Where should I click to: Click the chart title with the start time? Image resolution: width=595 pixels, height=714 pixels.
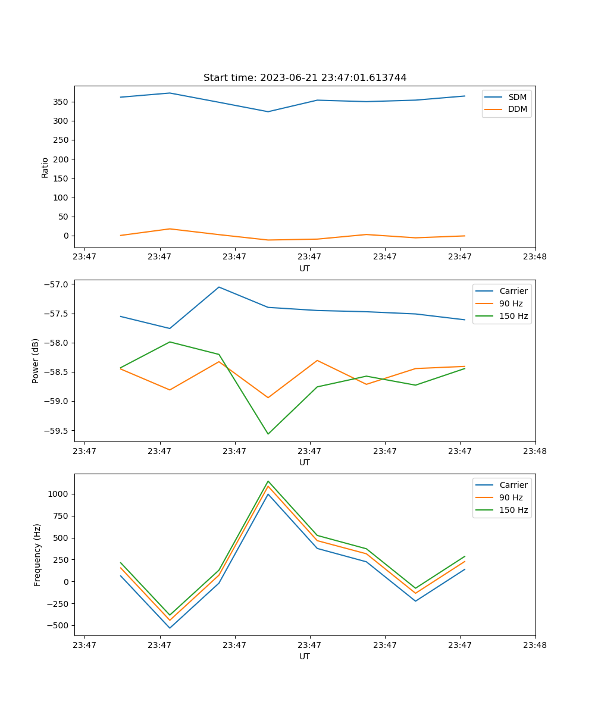(x=305, y=78)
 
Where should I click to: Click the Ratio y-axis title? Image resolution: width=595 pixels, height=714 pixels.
(x=45, y=167)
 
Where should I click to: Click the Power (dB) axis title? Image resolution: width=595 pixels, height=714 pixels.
(x=36, y=361)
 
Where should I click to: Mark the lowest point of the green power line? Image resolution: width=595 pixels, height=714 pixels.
(x=268, y=434)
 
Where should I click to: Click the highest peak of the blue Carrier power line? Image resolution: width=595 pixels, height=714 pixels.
(x=219, y=287)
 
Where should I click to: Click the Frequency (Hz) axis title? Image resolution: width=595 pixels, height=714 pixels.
(x=37, y=555)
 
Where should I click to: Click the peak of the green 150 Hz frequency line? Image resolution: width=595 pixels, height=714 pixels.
(x=268, y=481)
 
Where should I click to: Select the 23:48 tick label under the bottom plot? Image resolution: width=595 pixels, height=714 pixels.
(x=535, y=644)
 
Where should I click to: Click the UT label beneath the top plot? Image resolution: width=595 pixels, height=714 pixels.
(x=305, y=268)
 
